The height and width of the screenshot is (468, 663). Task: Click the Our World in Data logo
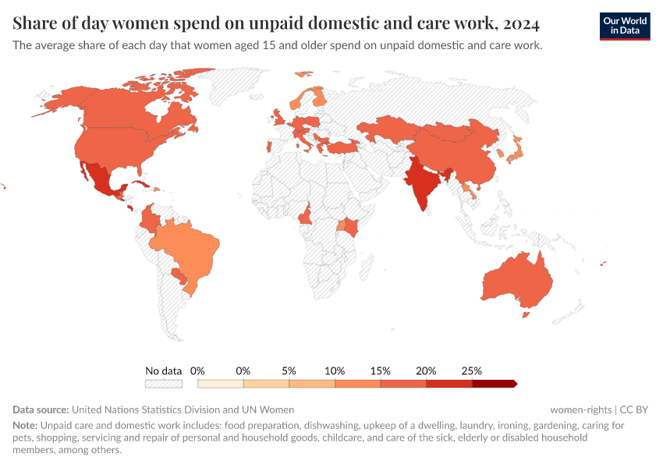tap(624, 26)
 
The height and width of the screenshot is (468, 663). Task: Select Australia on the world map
tap(518, 282)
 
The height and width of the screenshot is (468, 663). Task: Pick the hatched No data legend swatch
tap(163, 384)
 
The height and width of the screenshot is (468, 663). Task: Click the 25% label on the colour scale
tap(472, 370)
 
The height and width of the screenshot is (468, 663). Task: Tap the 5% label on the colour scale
tap(289, 370)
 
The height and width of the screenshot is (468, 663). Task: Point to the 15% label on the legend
tap(381, 370)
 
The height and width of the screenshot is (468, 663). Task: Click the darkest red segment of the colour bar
tap(494, 384)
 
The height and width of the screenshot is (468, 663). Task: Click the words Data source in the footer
tap(41, 409)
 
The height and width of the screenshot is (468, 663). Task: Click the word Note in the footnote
tap(25, 426)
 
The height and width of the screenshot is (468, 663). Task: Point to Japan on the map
tap(516, 151)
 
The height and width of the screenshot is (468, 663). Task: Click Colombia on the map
tap(149, 220)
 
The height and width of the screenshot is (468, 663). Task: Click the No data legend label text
tap(163, 370)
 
